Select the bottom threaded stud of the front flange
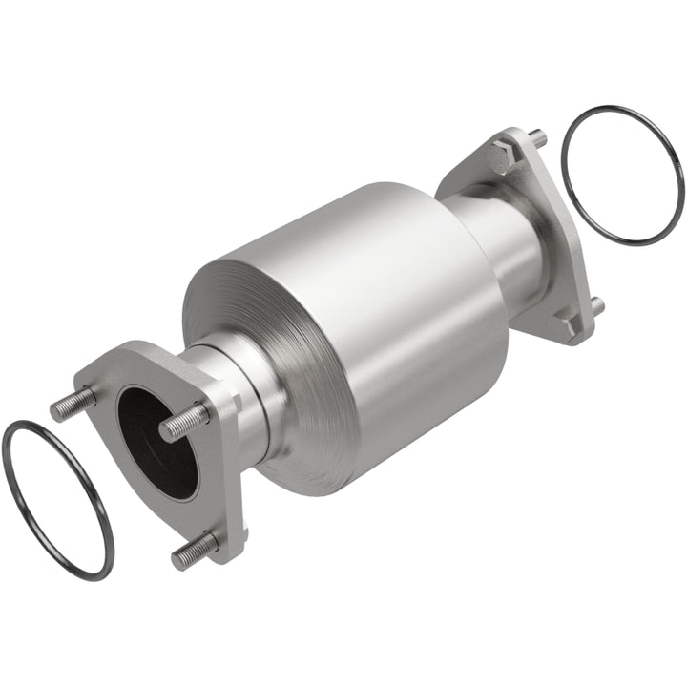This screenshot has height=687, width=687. point(195,551)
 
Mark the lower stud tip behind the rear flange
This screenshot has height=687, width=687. point(597,305)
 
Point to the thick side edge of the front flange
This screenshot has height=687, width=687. point(229,468)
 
